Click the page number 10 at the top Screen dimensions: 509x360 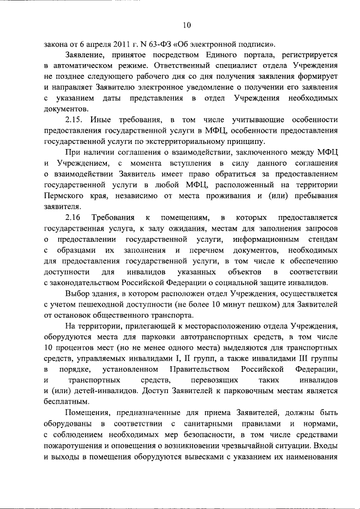tap(187, 25)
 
